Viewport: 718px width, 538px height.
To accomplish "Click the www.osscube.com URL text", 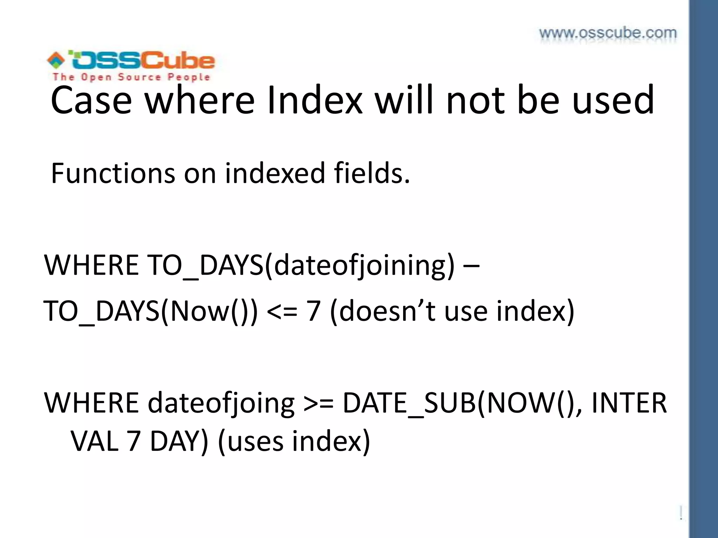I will [x=608, y=33].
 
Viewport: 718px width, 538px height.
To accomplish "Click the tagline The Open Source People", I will [x=131, y=77].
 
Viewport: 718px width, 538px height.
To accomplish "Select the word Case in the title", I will [x=91, y=100].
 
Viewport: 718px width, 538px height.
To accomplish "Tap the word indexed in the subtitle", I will [x=275, y=173].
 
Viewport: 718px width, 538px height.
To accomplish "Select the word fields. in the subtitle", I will [x=372, y=173].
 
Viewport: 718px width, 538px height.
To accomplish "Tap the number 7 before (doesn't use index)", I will [x=313, y=311].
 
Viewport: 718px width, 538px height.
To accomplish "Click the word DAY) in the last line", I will [x=179, y=441].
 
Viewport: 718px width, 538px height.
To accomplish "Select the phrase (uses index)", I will [x=294, y=441].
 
